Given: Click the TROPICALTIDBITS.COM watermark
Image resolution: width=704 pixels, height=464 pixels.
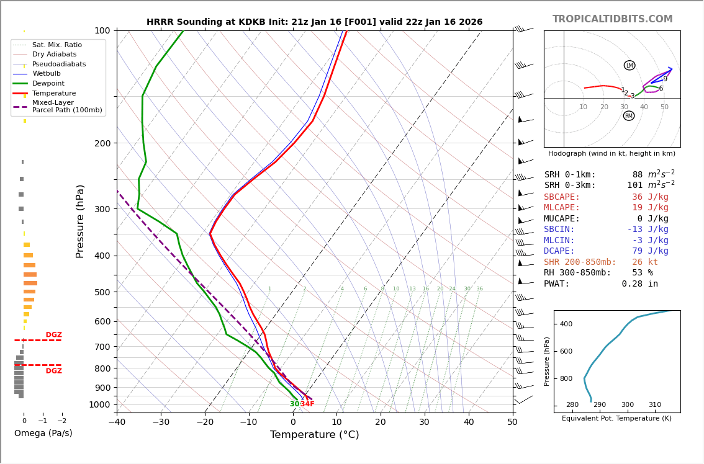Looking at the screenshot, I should [x=612, y=19].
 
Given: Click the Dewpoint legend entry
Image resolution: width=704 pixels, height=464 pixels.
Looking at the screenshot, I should [x=48, y=83].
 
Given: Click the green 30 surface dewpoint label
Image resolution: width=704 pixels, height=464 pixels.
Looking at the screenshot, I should [x=294, y=404].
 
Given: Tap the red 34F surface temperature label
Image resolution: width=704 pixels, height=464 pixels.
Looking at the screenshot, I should [x=307, y=404].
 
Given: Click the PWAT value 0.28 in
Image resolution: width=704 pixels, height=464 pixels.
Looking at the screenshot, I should [x=639, y=283].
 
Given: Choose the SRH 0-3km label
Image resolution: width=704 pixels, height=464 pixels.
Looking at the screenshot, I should [x=570, y=185].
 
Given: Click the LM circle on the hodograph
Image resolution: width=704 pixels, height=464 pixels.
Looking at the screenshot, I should [x=630, y=65].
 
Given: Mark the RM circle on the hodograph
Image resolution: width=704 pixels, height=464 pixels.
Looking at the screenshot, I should [x=629, y=115].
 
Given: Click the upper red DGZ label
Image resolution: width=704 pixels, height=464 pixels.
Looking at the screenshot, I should [x=53, y=335].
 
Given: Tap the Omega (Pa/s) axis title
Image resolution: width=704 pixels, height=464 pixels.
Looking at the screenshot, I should [x=43, y=433].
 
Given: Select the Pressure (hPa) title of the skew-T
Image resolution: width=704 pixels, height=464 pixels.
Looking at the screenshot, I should [x=80, y=221].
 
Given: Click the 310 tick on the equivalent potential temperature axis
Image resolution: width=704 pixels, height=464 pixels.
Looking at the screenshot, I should [x=655, y=404].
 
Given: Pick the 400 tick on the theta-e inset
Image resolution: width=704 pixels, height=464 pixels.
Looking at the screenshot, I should [x=566, y=324].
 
